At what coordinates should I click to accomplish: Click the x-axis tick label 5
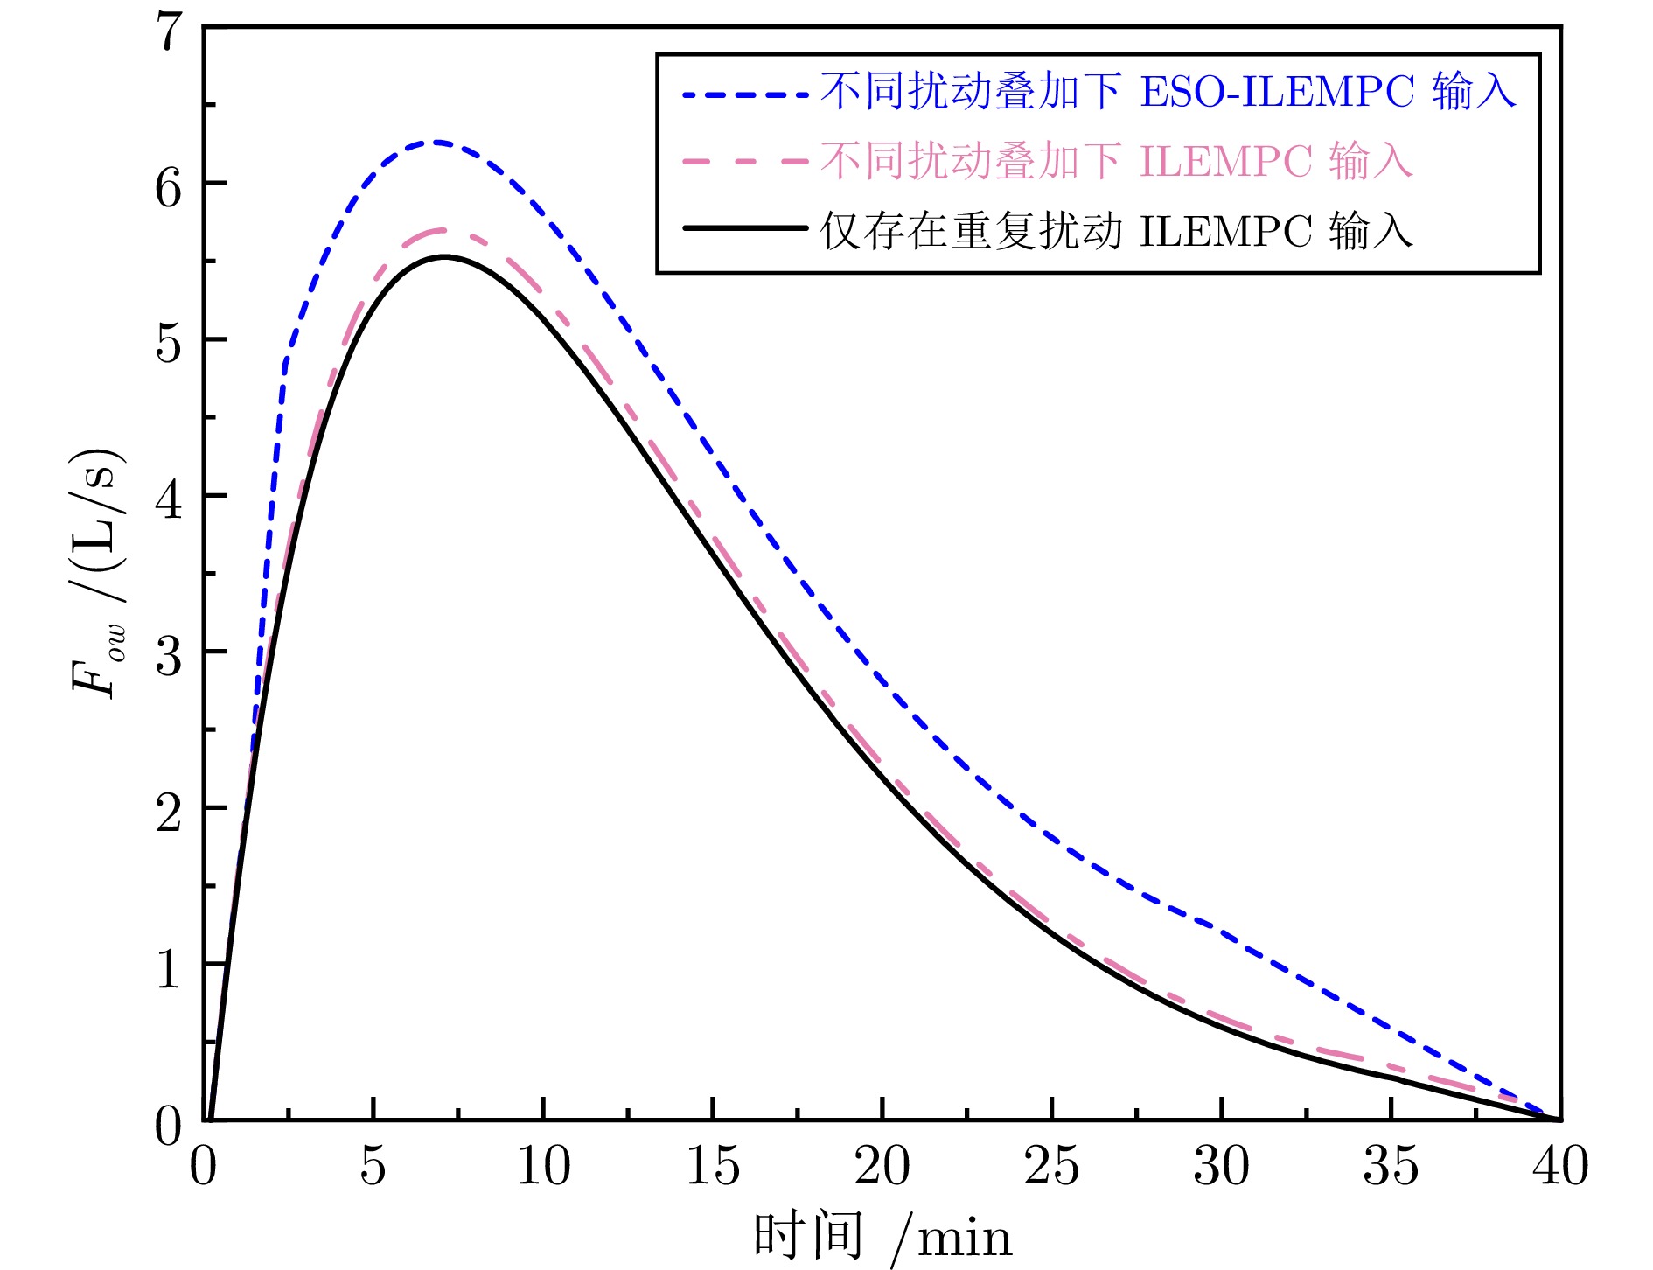tap(373, 1166)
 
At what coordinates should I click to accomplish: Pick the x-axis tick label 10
tap(543, 1166)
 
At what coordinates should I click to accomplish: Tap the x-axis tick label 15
tap(713, 1166)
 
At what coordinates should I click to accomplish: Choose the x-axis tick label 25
tap(1051, 1166)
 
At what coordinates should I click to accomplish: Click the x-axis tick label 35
tap(1391, 1166)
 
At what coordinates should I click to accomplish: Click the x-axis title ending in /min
tap(882, 1237)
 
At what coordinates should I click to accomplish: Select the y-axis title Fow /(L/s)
tap(98, 573)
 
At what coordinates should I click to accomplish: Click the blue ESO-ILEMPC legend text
tap(1168, 91)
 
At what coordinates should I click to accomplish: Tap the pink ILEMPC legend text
tap(1116, 161)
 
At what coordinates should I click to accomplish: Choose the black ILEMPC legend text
tap(1116, 231)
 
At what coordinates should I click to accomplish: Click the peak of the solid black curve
tap(444, 256)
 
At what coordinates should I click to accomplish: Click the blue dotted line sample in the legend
tap(745, 93)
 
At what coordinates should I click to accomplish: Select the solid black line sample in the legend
tap(745, 229)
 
